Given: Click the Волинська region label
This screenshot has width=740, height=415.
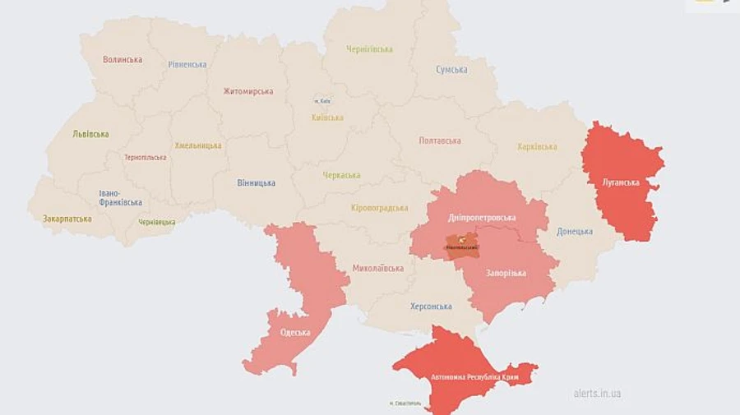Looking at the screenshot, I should tap(123, 60).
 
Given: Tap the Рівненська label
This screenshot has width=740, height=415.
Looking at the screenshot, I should tap(188, 64).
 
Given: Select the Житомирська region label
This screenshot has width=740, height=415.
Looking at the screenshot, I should tap(248, 91).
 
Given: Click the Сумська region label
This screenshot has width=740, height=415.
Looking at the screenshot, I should tap(452, 70).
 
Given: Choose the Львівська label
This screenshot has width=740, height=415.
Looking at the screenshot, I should tap(90, 134).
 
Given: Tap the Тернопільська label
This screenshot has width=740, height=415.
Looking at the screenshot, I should tap(145, 157).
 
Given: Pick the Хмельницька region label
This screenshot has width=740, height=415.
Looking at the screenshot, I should tap(198, 145).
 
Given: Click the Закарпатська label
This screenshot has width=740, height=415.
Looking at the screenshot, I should tap(67, 219).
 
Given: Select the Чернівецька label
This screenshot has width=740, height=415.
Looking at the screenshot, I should tap(156, 222).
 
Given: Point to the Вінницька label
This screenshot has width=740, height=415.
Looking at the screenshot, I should tap(256, 182).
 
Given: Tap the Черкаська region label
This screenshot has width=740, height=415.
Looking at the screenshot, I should tap(341, 175).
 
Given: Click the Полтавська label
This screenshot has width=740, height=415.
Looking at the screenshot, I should tap(440, 141).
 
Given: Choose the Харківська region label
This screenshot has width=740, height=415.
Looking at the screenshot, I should tap(537, 147).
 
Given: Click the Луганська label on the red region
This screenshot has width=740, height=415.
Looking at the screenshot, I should tap(621, 182).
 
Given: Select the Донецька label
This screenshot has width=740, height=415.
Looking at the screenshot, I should tap(574, 231).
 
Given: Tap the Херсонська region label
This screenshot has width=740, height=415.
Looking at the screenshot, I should tap(431, 307).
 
